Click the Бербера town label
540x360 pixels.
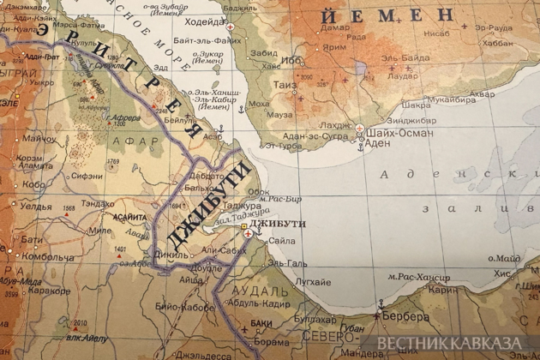(x=406, y=316)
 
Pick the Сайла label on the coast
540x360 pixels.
(x=281, y=242)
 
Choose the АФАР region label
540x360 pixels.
(x=142, y=141)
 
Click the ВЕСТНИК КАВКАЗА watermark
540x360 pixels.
(x=450, y=343)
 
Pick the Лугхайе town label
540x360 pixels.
(x=313, y=282)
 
